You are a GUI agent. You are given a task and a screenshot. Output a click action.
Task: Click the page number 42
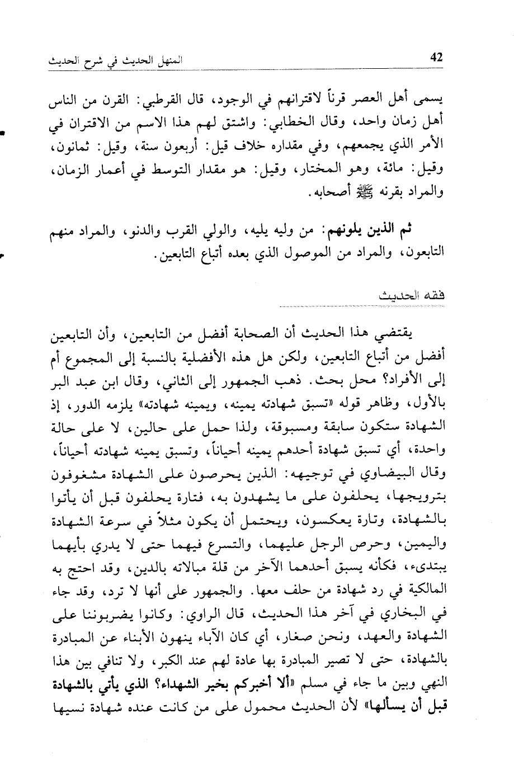[x=434, y=58]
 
